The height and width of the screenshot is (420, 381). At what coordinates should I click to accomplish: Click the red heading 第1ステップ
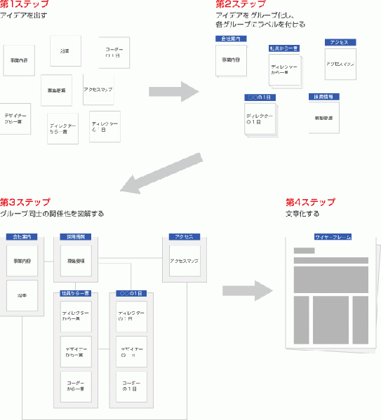click(24, 5)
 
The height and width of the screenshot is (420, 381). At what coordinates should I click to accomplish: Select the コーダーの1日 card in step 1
click(114, 53)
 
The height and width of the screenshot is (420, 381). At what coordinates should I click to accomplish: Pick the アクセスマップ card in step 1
click(98, 89)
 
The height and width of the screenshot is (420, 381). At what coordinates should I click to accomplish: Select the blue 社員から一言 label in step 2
click(283, 48)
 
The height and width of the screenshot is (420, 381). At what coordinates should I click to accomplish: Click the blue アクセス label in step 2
click(341, 42)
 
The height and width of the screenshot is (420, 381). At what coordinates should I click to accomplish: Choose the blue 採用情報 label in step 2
click(325, 95)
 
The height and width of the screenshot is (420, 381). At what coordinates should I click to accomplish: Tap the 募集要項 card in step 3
click(76, 261)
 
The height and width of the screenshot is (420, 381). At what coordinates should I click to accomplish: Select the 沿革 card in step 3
click(21, 297)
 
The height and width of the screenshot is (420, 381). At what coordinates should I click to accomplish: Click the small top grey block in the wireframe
click(304, 251)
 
